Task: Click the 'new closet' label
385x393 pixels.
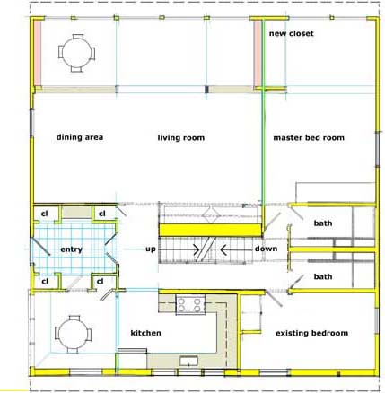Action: tap(291, 33)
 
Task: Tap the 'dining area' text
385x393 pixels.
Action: tap(80, 137)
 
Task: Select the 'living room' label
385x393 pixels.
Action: tap(181, 137)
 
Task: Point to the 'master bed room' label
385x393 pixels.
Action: tap(309, 137)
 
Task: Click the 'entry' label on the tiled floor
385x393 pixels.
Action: tap(71, 249)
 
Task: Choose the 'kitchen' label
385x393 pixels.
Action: tap(145, 333)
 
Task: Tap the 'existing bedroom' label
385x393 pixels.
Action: tap(311, 333)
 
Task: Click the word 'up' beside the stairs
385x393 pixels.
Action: tap(151, 249)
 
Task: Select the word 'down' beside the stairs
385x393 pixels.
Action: tap(266, 249)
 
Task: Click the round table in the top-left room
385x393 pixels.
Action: tap(77, 53)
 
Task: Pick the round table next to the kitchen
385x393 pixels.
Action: tap(73, 334)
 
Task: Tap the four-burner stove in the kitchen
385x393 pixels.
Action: tap(190, 304)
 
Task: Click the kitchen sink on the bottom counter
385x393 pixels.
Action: tap(188, 361)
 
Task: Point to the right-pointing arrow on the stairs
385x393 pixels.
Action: tap(197, 249)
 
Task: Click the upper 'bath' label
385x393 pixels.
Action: tap(323, 223)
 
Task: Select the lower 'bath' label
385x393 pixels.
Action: tap(323, 276)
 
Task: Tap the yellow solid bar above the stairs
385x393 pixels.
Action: tap(210, 230)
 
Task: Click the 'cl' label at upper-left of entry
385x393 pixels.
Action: tap(44, 214)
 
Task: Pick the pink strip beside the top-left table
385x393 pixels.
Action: tap(37, 53)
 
